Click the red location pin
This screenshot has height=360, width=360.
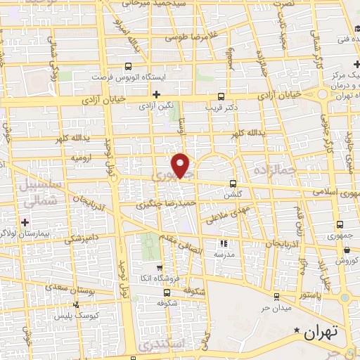(x=181, y=165)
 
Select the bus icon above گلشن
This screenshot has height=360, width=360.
(x=232, y=184)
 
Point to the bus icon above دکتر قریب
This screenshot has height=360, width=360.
(x=221, y=97)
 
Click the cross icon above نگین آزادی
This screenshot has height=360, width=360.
(x=156, y=94)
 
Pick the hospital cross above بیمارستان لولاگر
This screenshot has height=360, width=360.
(x=25, y=222)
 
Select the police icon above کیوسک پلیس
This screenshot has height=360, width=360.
(x=76, y=305)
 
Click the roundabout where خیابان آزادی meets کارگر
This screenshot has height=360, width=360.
(x=324, y=93)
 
